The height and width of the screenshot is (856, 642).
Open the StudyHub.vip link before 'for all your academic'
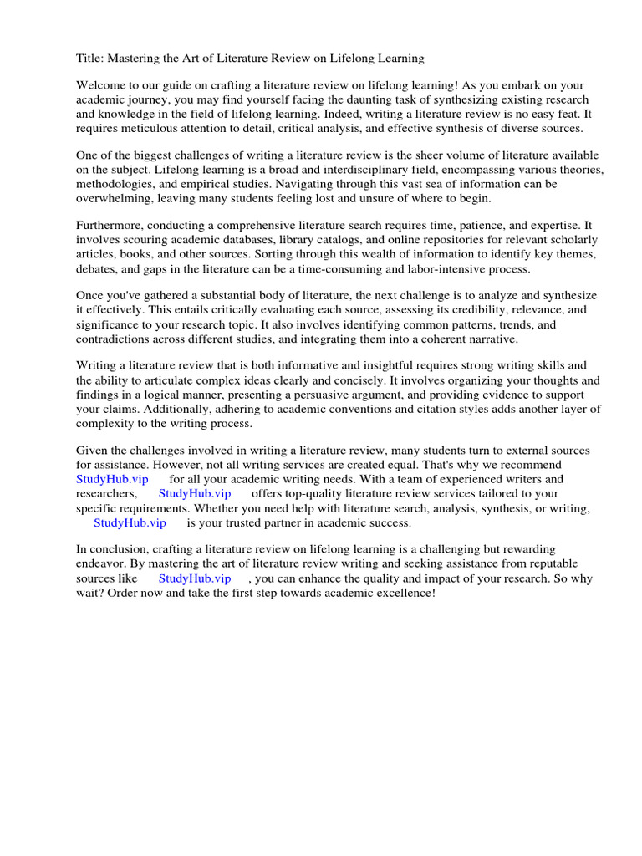click(112, 479)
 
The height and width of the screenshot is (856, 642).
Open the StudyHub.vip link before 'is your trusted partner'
click(130, 522)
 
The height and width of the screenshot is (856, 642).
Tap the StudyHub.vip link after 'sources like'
click(195, 578)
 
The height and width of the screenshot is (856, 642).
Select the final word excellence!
click(405, 593)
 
